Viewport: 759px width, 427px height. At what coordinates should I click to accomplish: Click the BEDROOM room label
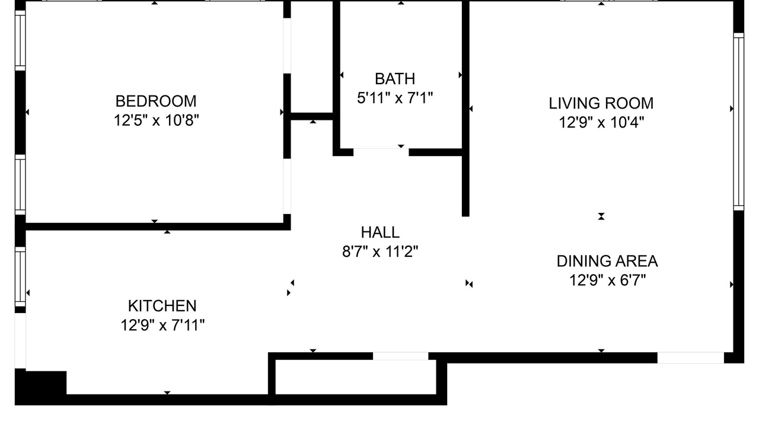click(156, 101)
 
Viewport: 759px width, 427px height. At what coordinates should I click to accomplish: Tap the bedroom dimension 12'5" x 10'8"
click(156, 120)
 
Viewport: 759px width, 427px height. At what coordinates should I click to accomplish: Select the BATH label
click(395, 79)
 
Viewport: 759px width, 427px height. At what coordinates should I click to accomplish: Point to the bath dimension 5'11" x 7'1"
click(395, 98)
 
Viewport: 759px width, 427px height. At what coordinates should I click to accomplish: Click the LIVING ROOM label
click(601, 103)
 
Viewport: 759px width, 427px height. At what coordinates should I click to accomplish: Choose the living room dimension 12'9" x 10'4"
click(601, 122)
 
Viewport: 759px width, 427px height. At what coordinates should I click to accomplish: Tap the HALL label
click(380, 232)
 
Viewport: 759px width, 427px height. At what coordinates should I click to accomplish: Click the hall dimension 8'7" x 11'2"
click(380, 251)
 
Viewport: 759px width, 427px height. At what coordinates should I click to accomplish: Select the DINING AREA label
click(607, 262)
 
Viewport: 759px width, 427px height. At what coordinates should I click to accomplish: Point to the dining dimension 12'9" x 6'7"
click(607, 281)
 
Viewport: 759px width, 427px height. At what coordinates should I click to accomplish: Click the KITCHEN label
click(162, 306)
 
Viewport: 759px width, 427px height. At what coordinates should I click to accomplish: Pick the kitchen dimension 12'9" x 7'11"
click(162, 325)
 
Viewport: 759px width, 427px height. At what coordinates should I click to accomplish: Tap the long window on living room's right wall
click(739, 122)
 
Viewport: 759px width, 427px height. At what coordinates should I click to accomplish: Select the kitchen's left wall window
click(20, 277)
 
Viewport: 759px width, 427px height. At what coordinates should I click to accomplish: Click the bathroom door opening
click(381, 152)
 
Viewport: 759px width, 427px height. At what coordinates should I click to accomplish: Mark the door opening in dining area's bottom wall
click(691, 358)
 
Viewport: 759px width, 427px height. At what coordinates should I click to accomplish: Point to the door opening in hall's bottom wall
click(400, 356)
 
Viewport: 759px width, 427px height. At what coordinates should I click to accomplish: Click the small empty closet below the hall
click(355, 377)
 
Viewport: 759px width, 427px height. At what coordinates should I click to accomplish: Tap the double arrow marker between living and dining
click(601, 216)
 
